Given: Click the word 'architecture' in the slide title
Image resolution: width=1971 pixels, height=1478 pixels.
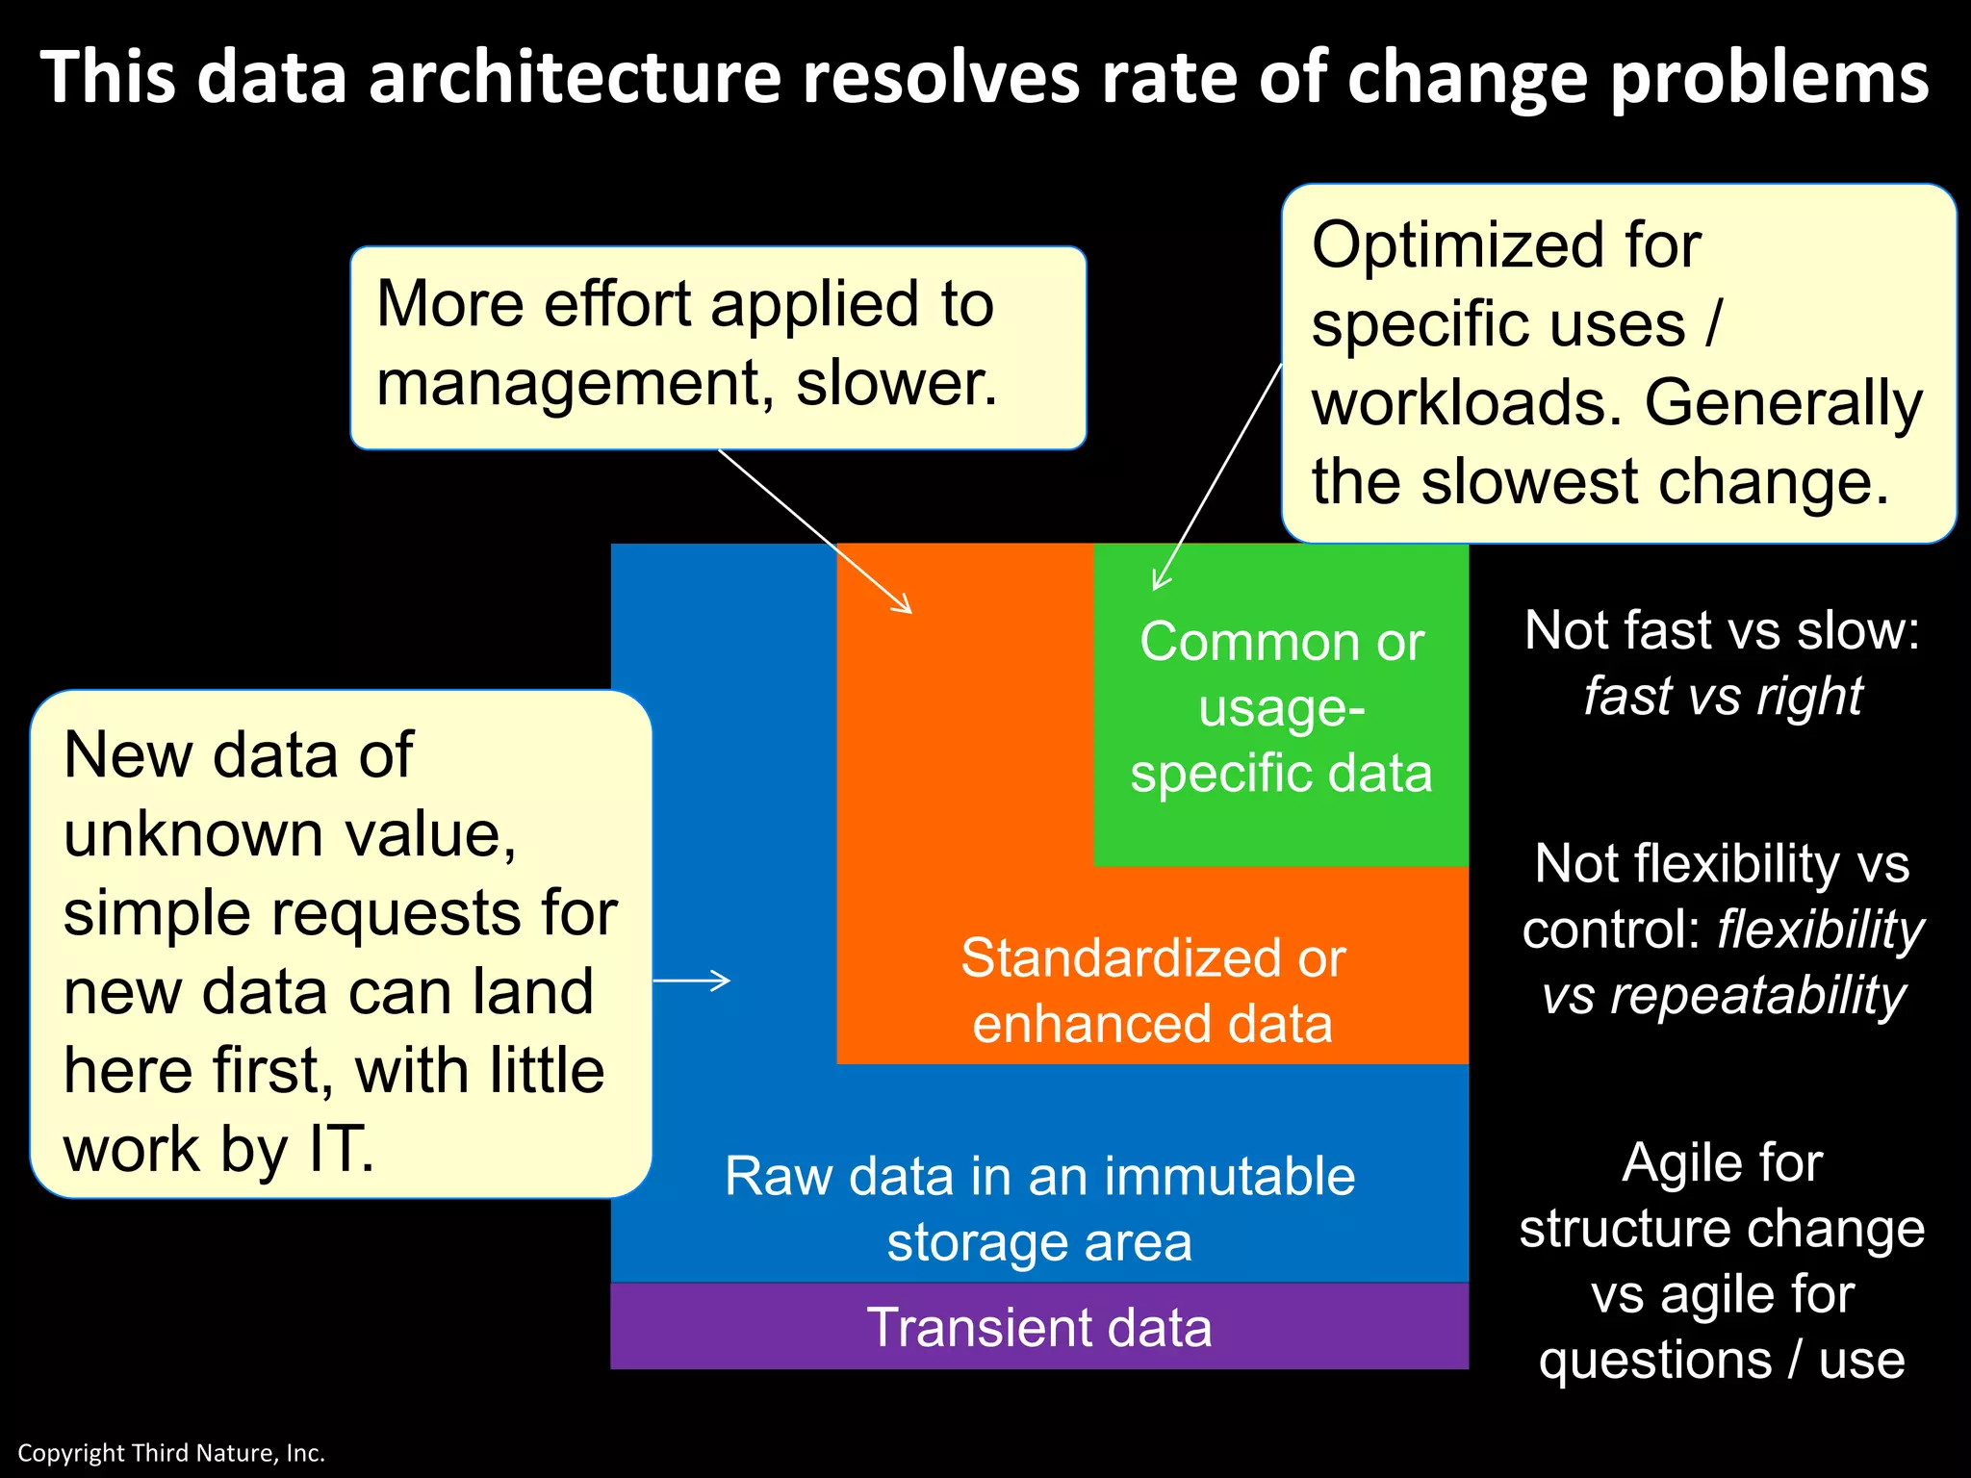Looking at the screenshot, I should pos(575,77).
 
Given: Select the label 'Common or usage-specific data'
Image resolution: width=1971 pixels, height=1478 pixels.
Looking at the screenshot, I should pos(1281,707).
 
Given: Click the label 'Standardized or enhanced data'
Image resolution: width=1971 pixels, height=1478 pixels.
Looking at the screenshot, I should pos(1152,991).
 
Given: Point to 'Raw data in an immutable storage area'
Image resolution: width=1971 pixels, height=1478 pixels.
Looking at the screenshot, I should pos(1039,1209).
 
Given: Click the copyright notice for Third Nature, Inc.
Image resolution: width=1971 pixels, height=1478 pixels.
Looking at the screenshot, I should pos(171,1453).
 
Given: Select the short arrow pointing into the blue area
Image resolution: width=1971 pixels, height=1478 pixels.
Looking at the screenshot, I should pos(693,981).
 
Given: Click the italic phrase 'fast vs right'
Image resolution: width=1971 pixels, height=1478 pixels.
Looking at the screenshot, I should pos(1723,697).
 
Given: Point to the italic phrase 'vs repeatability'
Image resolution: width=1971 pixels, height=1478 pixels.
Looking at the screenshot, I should pos(1723,995).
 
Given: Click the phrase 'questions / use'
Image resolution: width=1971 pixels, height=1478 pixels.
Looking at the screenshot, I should pos(1722,1361).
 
